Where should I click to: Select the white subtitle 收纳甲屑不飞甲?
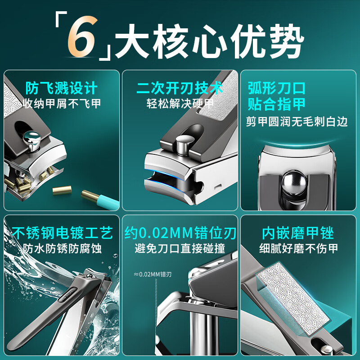point(62,103)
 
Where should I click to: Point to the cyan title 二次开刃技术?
point(180,87)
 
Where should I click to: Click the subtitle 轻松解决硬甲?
point(180,103)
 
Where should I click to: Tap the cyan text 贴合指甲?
point(276,104)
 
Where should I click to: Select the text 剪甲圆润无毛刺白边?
point(297,121)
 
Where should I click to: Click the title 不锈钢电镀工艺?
point(62,233)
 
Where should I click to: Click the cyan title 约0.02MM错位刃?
point(180,233)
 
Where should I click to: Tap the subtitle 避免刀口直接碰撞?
point(180,248)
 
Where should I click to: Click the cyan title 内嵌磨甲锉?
point(297,233)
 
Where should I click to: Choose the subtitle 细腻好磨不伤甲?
point(298,248)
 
